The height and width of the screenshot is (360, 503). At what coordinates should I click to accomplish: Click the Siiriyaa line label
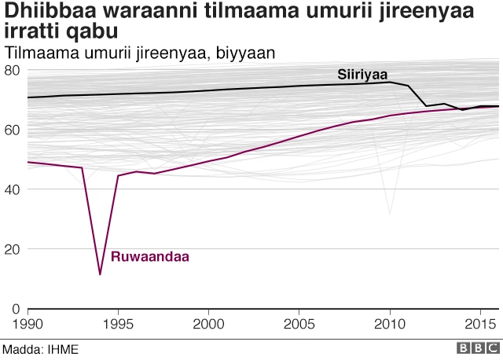(x=364, y=75)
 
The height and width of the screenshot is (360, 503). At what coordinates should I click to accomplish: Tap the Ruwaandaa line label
(x=150, y=256)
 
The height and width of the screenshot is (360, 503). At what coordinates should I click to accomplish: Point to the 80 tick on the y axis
(x=12, y=70)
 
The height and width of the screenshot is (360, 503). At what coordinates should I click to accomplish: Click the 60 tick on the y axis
(x=12, y=130)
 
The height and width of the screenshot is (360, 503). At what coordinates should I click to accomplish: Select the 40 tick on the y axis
(x=12, y=189)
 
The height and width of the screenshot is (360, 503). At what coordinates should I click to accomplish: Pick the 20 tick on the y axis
(x=12, y=249)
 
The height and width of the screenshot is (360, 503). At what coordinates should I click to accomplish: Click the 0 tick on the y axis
(x=16, y=309)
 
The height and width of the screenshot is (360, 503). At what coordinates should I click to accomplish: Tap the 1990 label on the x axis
(x=28, y=324)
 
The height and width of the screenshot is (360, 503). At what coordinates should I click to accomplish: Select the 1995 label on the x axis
(x=118, y=324)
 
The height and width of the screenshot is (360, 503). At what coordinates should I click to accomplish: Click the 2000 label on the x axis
(x=208, y=324)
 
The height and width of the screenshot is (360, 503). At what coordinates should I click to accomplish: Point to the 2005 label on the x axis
(x=299, y=324)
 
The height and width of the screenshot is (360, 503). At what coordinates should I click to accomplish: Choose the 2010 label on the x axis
(x=390, y=324)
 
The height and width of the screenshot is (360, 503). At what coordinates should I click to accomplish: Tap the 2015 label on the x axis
(x=480, y=324)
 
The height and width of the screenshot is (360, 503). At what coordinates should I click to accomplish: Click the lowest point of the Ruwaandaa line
(x=100, y=274)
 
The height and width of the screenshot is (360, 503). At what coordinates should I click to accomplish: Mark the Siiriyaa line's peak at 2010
(x=390, y=82)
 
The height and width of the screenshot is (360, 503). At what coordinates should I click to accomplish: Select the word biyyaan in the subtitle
(x=249, y=52)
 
